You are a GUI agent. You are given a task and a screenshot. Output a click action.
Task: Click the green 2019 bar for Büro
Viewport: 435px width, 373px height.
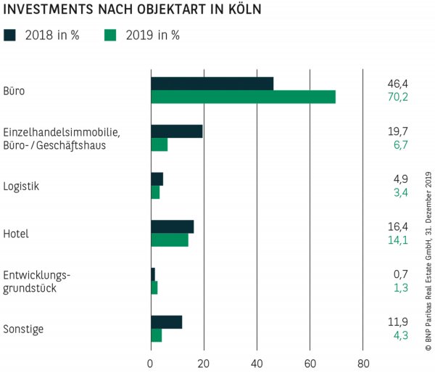tap(243, 97)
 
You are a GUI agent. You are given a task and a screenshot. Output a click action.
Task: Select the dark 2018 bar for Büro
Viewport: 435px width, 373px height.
tap(212, 83)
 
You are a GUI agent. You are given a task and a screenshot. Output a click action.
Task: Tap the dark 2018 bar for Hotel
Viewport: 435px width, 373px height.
tap(172, 226)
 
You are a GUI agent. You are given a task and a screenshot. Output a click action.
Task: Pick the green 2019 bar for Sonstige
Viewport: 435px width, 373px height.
tap(156, 335)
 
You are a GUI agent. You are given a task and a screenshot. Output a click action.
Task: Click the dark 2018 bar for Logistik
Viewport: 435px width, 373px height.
tap(157, 179)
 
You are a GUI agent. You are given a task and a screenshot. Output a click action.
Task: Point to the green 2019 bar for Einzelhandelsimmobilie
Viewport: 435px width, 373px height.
tap(159, 144)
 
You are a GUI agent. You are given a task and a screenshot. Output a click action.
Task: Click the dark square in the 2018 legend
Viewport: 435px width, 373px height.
tap(9, 34)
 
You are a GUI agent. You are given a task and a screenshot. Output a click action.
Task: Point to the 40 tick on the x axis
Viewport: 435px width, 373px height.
tap(257, 364)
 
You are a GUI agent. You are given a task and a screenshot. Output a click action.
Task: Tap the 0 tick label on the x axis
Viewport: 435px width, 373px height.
tap(151, 364)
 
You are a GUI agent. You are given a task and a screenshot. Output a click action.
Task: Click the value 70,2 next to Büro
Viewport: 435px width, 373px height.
tap(398, 97)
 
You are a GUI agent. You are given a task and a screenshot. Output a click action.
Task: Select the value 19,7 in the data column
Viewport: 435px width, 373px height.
tap(398, 131)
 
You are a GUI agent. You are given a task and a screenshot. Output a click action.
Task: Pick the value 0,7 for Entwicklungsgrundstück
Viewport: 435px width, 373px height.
tap(398, 274)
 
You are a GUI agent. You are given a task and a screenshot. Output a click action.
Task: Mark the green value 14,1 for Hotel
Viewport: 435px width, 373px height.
tap(398, 240)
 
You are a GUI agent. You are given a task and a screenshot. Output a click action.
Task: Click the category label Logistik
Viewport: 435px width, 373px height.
tap(21, 186)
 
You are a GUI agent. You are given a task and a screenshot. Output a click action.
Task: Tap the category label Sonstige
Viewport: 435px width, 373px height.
tap(23, 329)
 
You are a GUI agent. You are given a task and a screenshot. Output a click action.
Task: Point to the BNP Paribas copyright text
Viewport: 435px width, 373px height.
tap(428, 261)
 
